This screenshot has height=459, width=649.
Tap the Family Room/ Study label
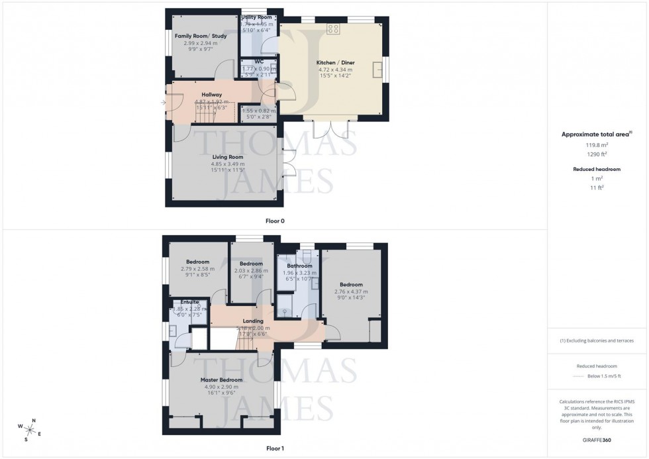[x=201, y=36]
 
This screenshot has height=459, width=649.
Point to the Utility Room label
[x=257, y=17]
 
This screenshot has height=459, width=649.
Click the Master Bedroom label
[x=221, y=380]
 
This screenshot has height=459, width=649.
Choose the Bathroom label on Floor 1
[x=299, y=266]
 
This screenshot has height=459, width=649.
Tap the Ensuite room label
[x=180, y=302]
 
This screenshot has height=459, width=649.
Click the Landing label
[x=253, y=321]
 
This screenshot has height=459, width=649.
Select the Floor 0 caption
[x=274, y=221]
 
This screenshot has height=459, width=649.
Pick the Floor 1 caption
[x=274, y=448]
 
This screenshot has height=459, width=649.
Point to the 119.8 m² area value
[x=596, y=144]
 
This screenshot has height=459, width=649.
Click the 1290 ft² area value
[x=596, y=154]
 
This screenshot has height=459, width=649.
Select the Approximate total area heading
[x=596, y=134]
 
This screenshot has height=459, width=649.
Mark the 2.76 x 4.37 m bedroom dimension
[x=351, y=291]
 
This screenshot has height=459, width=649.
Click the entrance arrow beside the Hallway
[x=163, y=103]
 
